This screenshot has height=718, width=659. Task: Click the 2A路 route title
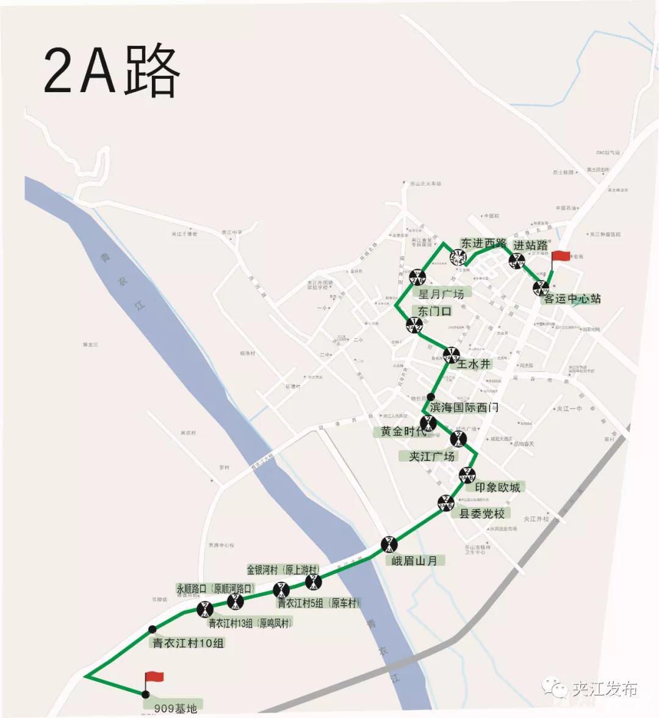pyautogui.click(x=112, y=71)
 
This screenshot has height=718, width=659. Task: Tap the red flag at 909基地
pyautogui.click(x=155, y=676)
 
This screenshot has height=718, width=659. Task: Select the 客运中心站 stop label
pyautogui.click(x=572, y=299)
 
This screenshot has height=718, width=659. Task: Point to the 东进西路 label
pyautogui.click(x=484, y=243)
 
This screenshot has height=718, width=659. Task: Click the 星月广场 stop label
pyautogui.click(x=441, y=294)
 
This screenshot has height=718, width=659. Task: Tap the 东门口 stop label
pyautogui.click(x=434, y=311)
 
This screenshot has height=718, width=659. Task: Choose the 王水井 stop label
pyautogui.click(x=474, y=364)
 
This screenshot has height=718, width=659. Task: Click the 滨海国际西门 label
pyautogui.click(x=464, y=407)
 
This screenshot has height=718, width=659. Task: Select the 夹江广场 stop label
pyautogui.click(x=431, y=456)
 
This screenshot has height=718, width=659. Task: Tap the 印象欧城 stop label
pyautogui.click(x=498, y=487)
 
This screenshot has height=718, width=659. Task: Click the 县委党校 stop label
pyautogui.click(x=481, y=513)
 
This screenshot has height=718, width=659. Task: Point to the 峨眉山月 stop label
pyautogui.click(x=414, y=560)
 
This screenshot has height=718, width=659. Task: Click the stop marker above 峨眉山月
pyautogui.click(x=389, y=543)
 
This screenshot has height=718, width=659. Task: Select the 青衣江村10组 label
pyautogui.click(x=188, y=642)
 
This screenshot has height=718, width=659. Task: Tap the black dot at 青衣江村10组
pyautogui.click(x=152, y=629)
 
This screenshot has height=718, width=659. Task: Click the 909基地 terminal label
pyautogui.click(x=176, y=709)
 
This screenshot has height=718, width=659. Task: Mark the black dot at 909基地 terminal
pyautogui.click(x=145, y=694)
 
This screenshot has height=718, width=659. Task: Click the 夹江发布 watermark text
pyautogui.click(x=605, y=689)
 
